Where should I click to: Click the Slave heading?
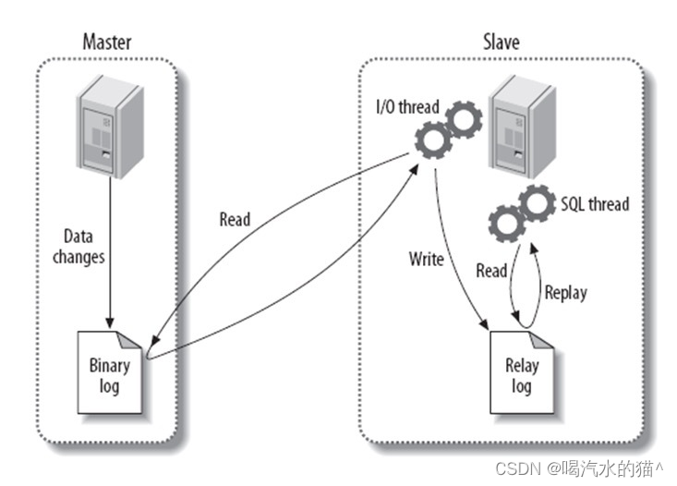[501, 42]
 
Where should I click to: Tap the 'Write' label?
[427, 260]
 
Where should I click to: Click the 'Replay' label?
[565, 294]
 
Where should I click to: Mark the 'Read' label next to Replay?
[491, 271]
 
